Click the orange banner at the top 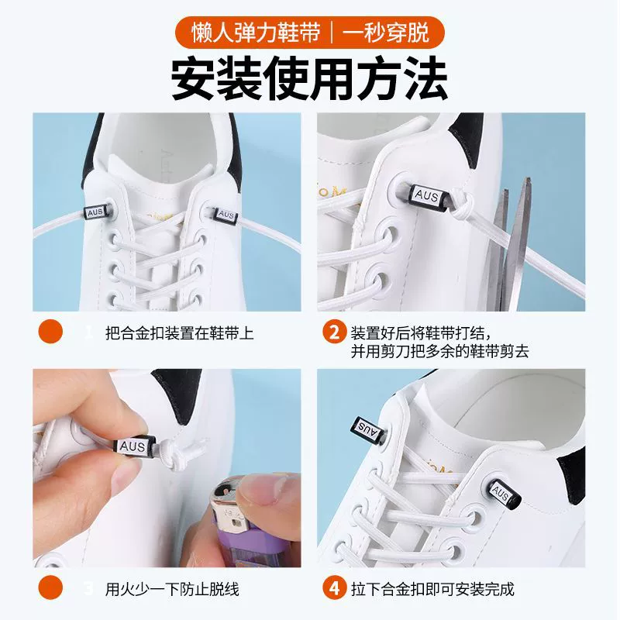(x=309, y=33)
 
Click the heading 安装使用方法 (x=309, y=78)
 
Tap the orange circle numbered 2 (x=334, y=332)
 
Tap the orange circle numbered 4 (x=334, y=588)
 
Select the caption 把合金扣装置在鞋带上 (x=180, y=333)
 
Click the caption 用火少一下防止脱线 (x=172, y=589)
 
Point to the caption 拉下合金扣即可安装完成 (x=432, y=589)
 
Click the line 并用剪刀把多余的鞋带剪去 (x=439, y=352)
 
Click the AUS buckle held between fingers (x=135, y=448)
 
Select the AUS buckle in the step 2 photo (x=429, y=197)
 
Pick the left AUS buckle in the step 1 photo (x=96, y=212)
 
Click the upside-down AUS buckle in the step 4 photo (x=366, y=430)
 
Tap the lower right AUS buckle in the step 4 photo (x=503, y=493)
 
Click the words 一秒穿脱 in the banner (x=385, y=33)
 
